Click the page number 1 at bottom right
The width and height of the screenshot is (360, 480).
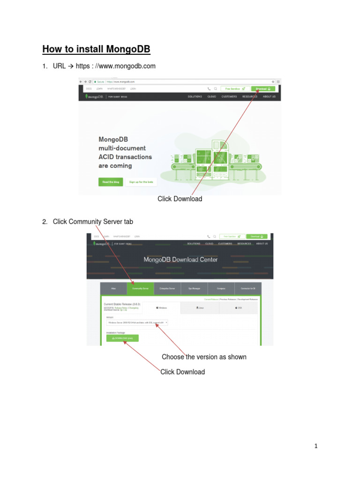[316, 446]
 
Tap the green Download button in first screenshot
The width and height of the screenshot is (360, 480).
[263, 88]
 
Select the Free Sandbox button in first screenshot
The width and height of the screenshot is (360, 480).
[235, 88]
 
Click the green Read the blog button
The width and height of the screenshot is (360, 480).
[111, 182]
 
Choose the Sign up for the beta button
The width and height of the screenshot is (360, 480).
[141, 182]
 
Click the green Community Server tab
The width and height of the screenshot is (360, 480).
[140, 289]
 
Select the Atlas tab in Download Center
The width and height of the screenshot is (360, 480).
[113, 289]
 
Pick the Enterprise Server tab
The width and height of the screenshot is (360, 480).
[167, 289]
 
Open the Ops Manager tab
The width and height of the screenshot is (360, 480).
[194, 289]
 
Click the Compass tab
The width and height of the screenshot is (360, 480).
[221, 289]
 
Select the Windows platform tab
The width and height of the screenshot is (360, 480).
[161, 308]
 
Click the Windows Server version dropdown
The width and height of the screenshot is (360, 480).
[137, 322]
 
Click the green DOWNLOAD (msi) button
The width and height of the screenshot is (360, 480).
[122, 337]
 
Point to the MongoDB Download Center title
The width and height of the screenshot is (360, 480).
[180, 259]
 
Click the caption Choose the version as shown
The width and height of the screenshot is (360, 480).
[204, 357]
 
